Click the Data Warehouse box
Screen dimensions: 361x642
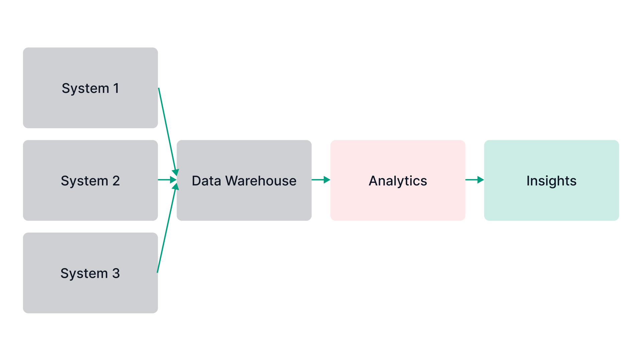point(244,204)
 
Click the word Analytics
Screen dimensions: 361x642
point(398,181)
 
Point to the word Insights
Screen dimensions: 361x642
point(551,181)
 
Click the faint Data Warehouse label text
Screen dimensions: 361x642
point(244,181)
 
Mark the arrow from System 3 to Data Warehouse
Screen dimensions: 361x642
point(166,230)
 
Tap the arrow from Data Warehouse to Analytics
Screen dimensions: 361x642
point(319,180)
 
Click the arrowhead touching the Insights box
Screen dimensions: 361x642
point(480,180)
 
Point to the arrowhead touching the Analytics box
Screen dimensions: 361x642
point(327,180)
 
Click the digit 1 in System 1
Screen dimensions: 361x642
point(116,88)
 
